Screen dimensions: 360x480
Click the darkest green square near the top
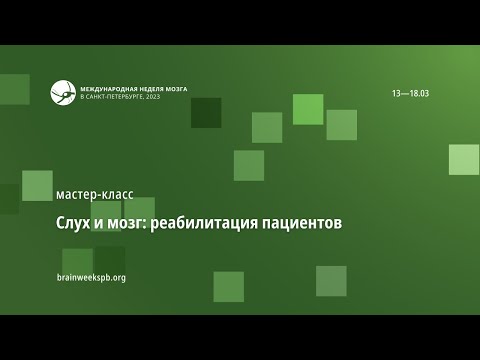pyautogui.click(x=206, y=112)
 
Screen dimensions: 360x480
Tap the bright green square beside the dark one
pyautogui.click(x=308, y=109)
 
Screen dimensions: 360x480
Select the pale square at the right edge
pyautogui.click(x=464, y=159)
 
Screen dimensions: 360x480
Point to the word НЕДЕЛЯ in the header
pyautogui.click(x=147, y=87)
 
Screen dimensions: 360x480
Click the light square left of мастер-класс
pyautogui.click(x=37, y=185)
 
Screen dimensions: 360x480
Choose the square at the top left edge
pyautogui.click(x=14, y=89)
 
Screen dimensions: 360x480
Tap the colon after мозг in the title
pyautogui.click(x=145, y=224)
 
